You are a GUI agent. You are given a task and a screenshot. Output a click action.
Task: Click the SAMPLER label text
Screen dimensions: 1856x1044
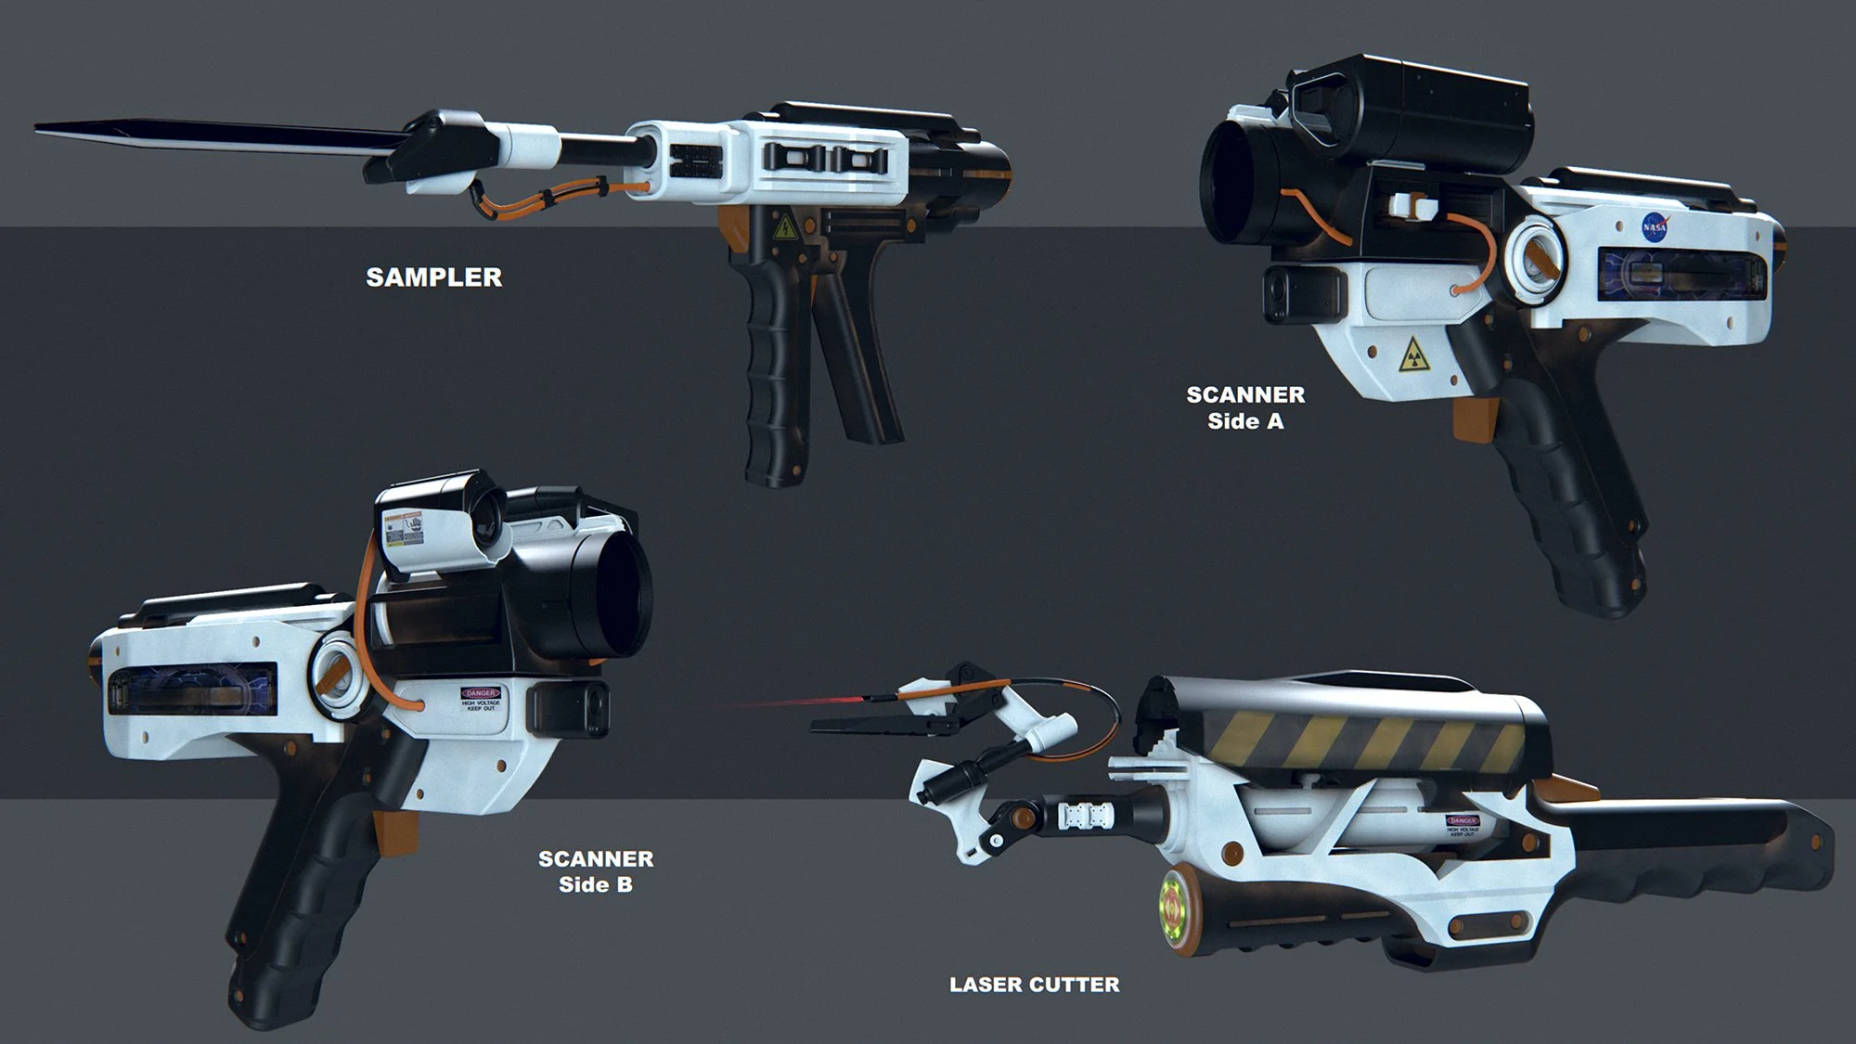[433, 277]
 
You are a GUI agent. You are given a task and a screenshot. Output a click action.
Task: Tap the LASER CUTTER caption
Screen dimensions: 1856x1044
[1034, 985]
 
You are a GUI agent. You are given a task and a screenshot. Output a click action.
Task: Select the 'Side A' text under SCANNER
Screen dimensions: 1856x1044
[1245, 421]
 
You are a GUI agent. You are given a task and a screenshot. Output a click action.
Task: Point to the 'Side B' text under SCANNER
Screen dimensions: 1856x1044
[596, 884]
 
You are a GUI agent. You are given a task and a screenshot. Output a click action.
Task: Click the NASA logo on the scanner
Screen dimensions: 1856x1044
[1655, 227]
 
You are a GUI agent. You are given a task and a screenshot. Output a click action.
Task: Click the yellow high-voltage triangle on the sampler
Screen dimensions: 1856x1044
[785, 226]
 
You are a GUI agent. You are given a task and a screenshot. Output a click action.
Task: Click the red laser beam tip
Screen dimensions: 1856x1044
[742, 704]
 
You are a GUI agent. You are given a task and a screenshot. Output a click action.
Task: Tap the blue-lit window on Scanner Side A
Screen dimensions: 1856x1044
[1680, 275]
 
